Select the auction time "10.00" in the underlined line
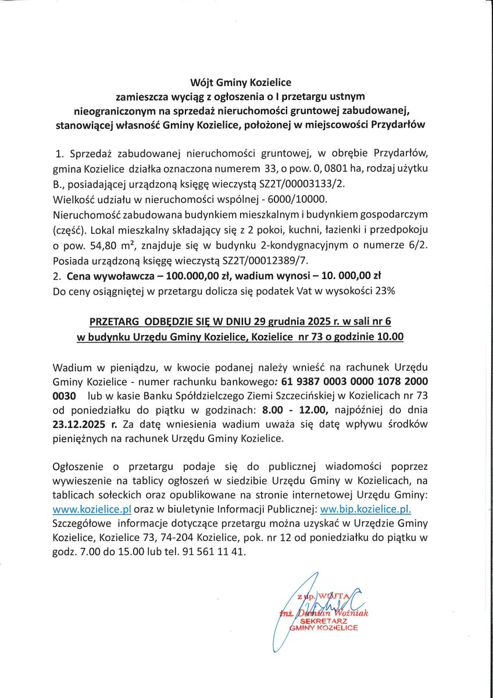[x=392, y=336]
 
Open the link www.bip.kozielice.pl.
[x=366, y=508]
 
